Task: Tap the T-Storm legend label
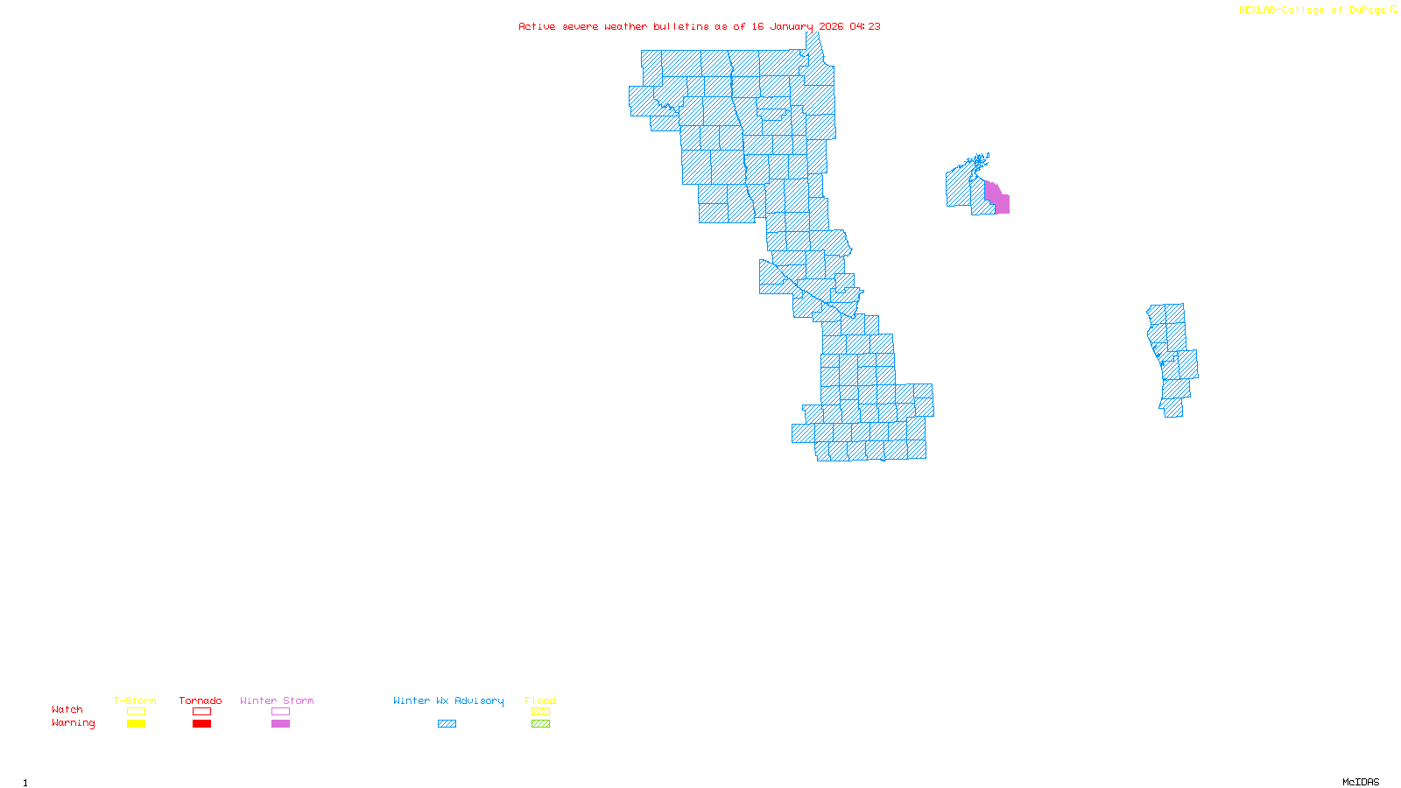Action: tap(135, 700)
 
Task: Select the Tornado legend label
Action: tap(201, 700)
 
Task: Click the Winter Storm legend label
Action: tap(277, 700)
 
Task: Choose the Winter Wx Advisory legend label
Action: tap(448, 700)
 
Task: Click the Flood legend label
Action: tap(540, 700)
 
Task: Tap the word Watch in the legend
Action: tap(67, 709)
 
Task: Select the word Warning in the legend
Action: tap(74, 723)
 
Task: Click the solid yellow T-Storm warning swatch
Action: tap(136, 724)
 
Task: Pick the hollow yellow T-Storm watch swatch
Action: tap(136, 712)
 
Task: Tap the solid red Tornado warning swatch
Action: tap(201, 724)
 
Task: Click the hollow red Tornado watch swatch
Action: tap(201, 712)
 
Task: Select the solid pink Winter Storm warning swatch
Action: tap(280, 724)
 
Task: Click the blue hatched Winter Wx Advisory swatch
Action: tap(447, 724)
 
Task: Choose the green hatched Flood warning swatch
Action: tap(540, 724)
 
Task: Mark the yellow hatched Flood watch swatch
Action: tap(540, 712)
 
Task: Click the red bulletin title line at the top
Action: tap(699, 26)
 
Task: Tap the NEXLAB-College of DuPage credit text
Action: tap(1313, 11)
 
